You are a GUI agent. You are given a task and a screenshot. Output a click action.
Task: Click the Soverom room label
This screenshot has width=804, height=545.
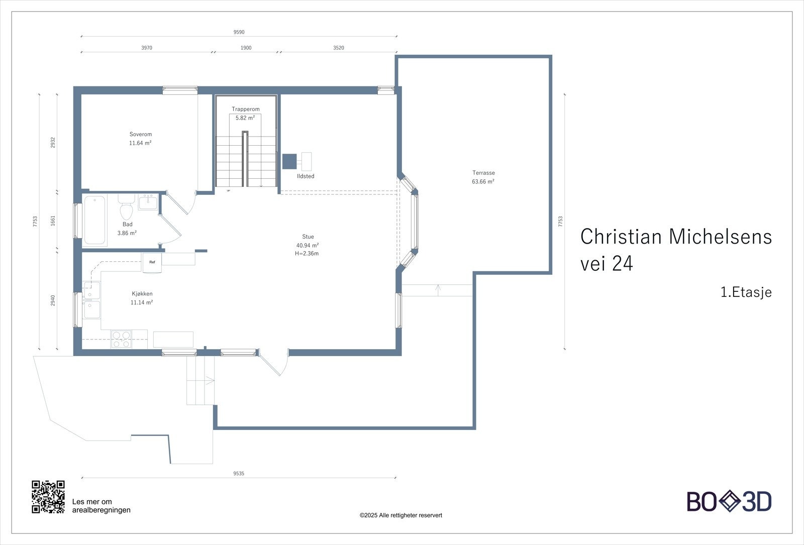(140, 134)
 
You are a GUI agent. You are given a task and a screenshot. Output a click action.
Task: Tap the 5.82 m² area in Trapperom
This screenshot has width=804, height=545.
(245, 118)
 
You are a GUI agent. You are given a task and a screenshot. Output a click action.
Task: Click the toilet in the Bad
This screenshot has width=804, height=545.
(126, 207)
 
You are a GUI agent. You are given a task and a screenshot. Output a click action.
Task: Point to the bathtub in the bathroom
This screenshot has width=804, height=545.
(95, 220)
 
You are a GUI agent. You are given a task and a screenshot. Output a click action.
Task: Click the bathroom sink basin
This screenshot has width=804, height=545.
(148, 202)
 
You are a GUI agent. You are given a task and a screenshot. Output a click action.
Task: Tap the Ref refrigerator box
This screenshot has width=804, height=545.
(152, 262)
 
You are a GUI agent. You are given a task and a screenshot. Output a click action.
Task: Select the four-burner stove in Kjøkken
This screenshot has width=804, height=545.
(121, 339)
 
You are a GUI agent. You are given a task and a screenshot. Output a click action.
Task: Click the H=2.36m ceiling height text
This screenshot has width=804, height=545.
(307, 254)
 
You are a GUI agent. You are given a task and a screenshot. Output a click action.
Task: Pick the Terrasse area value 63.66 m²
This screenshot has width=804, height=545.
(483, 181)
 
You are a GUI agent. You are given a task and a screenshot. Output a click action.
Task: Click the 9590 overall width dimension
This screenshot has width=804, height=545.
(239, 32)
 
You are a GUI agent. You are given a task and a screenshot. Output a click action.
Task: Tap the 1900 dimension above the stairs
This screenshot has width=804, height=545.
(246, 48)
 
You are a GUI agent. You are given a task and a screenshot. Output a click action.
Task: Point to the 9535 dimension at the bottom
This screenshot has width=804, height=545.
(239, 473)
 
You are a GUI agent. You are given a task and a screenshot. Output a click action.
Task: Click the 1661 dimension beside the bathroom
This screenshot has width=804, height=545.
(53, 221)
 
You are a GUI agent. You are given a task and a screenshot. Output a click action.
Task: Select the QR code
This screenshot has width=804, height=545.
(48, 497)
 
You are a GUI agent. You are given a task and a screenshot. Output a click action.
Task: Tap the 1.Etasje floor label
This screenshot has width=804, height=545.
(746, 292)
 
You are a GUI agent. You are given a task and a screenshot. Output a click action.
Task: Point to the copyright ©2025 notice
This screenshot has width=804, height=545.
(400, 515)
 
